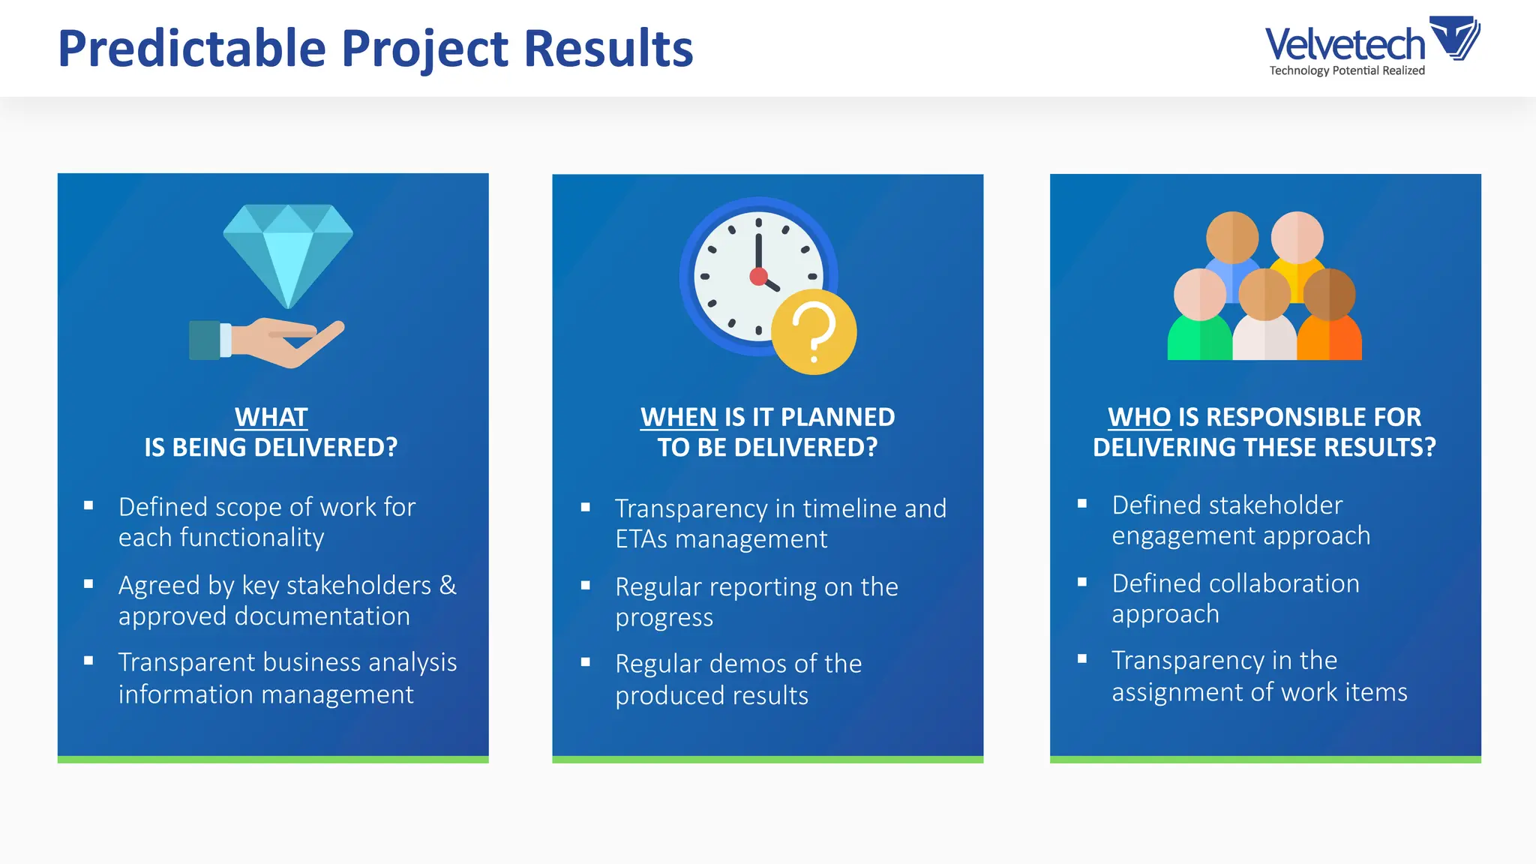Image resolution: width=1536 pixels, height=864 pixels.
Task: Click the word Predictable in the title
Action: [192, 49]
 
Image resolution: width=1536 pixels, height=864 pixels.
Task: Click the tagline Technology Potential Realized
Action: [1347, 70]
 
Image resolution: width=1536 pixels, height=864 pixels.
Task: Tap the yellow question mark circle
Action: [814, 331]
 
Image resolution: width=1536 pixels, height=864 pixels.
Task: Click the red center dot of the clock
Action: [758, 277]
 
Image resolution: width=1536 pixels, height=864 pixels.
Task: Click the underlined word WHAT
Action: [271, 417]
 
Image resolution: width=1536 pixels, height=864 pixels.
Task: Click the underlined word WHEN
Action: [679, 417]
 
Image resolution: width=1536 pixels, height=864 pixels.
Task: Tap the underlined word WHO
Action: [1139, 417]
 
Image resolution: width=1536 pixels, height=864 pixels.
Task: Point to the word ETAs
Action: [641, 539]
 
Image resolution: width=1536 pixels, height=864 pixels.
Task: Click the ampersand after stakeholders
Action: [448, 585]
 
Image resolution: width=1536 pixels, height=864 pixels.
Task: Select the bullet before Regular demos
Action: [586, 662]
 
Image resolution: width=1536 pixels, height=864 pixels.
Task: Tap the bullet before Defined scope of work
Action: [88, 505]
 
